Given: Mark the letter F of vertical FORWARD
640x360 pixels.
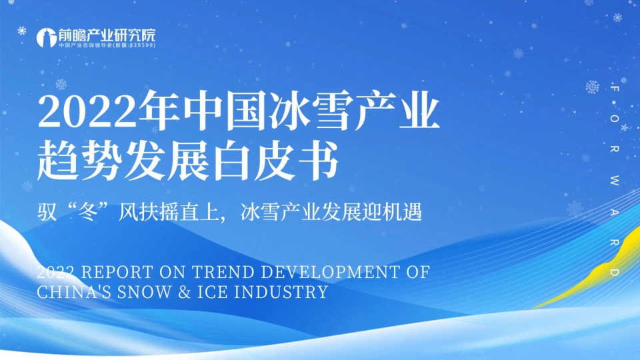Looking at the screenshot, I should click(613, 87).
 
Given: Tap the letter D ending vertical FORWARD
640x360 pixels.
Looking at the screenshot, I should click(613, 273).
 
